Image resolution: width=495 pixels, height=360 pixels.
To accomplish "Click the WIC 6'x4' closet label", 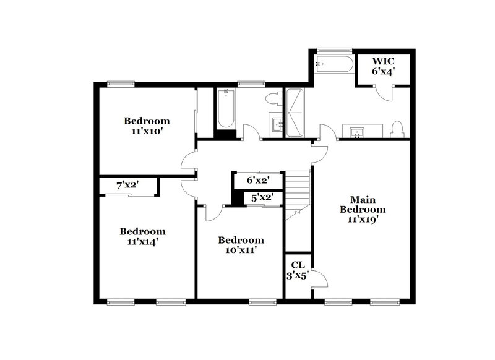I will point(384,67).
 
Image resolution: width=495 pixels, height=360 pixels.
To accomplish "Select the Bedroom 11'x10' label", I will point(147,126).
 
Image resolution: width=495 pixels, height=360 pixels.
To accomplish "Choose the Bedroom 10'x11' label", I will point(241,245).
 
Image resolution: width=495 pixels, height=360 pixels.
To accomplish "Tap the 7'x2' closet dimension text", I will point(128,185).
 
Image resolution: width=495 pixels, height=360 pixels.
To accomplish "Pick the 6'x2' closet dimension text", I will point(259,180).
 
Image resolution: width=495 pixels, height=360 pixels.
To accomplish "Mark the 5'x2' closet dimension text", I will point(262,198).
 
